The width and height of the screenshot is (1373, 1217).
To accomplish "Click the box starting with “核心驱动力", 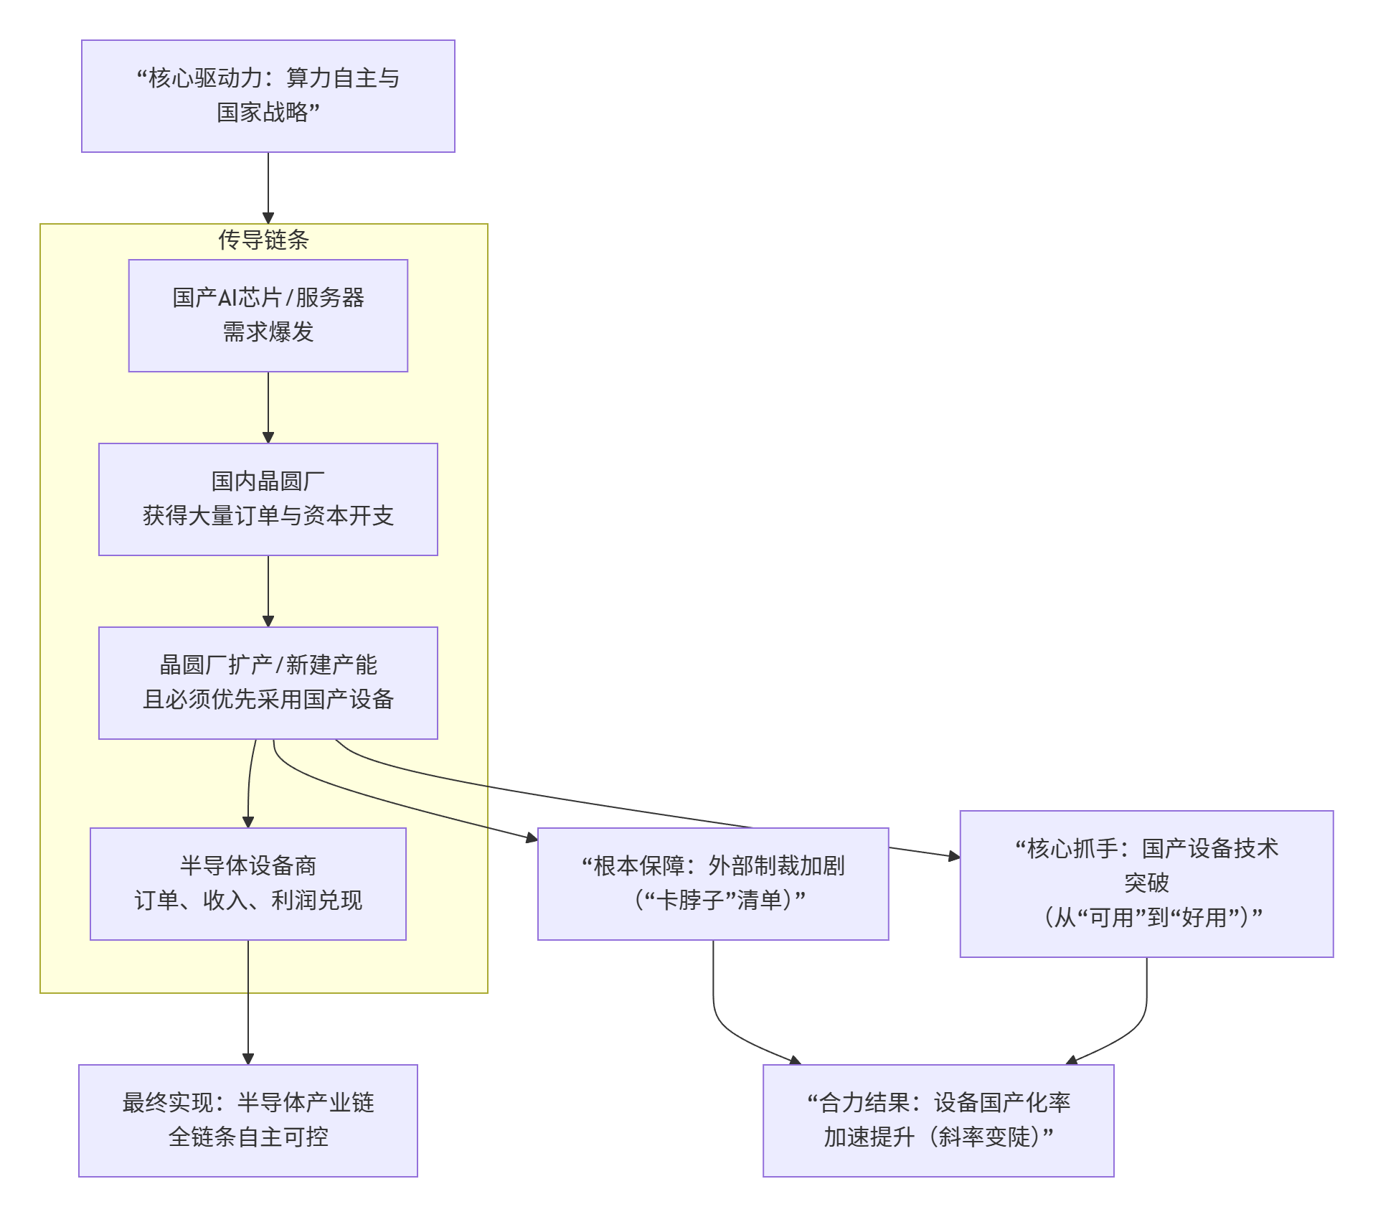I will pos(268,95).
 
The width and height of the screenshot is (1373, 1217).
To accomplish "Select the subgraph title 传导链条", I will pos(263,240).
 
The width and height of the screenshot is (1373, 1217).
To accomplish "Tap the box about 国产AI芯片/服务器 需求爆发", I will pos(268,315).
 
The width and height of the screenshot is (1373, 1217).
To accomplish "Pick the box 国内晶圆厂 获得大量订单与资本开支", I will pos(268,499).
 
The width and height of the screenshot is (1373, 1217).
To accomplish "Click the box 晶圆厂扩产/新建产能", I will pos(268,682).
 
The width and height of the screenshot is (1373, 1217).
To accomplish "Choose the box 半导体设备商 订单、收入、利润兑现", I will pos(247,883).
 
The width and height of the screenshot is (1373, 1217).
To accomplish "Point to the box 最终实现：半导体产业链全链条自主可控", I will pos(247,1120).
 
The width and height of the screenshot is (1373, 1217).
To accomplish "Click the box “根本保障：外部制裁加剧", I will pos(712,883).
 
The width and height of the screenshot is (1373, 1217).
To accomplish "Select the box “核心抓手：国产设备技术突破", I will pos(1146,883).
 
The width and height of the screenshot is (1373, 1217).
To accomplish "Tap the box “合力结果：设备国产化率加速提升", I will pos(938,1120).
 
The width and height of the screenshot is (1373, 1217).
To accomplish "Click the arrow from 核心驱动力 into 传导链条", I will pos(268,187).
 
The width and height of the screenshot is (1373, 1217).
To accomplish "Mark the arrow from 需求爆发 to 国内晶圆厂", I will pos(268,407).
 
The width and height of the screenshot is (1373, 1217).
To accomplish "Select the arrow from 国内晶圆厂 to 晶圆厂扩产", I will pos(268,591).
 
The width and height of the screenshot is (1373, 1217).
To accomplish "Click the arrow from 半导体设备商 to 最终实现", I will pos(248,1005).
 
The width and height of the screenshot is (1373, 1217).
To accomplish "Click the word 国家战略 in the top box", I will pos(262,113).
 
